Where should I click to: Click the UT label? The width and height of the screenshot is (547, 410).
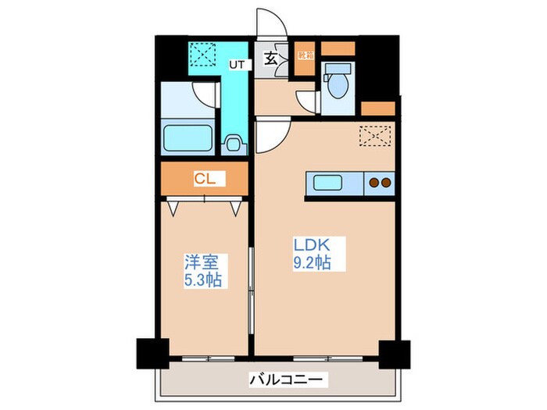click(235, 65)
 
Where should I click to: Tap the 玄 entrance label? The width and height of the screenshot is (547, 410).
click(270, 58)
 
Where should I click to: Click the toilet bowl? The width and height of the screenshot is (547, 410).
click(339, 84)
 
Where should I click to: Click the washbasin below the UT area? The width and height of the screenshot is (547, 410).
click(232, 143)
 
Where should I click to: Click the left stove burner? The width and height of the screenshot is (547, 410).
click(374, 184)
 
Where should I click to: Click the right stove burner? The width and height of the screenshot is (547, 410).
click(386, 184)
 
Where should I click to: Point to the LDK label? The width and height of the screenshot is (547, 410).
click(308, 244)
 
